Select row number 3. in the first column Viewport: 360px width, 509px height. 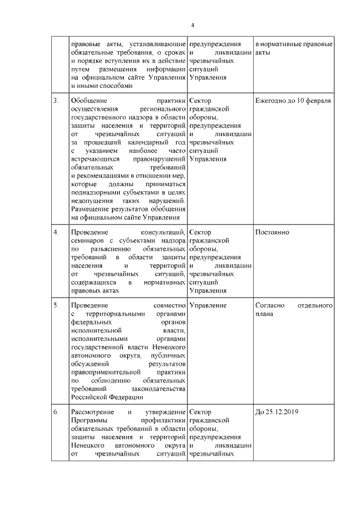[x=56, y=100]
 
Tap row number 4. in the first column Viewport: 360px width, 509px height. [x=56, y=232]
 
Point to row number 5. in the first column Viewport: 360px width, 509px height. [x=56, y=305]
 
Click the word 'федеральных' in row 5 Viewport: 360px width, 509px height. [x=92, y=323]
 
